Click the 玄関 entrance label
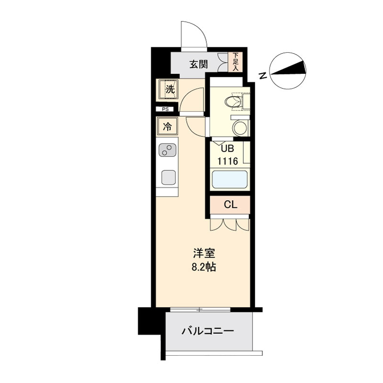coord(197,64)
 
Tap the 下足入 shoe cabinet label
coord(235,62)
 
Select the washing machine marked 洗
coord(169,89)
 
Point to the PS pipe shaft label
coord(166,109)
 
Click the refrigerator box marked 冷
coord(168,127)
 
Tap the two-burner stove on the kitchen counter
coord(168,150)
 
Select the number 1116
coord(228,161)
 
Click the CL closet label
coord(230,205)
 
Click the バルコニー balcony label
coord(207,331)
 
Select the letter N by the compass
coord(263,75)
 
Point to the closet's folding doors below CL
coord(230,224)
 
